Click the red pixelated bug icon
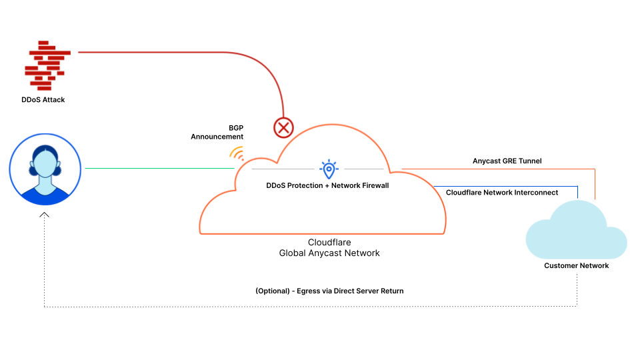46,65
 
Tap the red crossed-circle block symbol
283,127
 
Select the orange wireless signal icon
237,153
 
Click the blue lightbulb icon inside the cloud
329,169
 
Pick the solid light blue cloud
576,233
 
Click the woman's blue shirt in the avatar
45,196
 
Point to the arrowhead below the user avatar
45,214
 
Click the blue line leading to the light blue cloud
507,186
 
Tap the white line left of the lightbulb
283,169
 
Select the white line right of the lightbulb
363,169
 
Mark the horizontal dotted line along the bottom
300,307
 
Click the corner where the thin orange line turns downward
595,169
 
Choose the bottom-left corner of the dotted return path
45,307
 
